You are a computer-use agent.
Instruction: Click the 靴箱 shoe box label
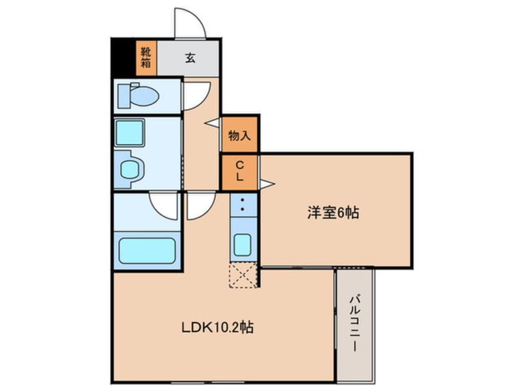point(146,58)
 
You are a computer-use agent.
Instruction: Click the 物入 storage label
point(239,135)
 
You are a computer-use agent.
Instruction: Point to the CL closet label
point(240,171)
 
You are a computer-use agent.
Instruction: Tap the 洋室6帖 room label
point(334,213)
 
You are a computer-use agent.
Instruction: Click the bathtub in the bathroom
point(147,250)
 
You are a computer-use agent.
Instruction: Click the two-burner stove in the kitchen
point(242,205)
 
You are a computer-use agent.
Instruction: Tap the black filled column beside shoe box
point(123,58)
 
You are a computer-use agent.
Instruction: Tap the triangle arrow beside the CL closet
point(267,184)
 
